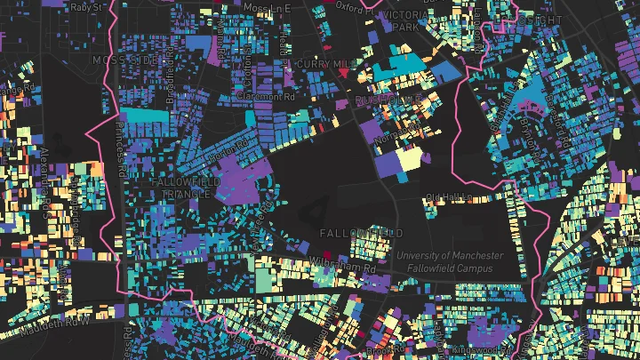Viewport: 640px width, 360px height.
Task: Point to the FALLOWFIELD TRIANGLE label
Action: pyautogui.click(x=184, y=188)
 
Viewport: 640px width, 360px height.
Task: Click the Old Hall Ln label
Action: pyautogui.click(x=445, y=197)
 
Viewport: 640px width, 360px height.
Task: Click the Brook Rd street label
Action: pyautogui.click(x=379, y=352)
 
